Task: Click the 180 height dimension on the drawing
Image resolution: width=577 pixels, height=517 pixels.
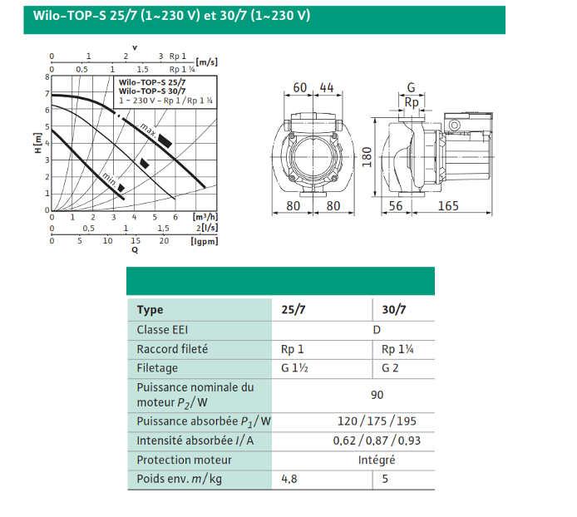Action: click(367, 157)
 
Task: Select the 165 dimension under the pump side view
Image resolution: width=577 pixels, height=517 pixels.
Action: click(448, 205)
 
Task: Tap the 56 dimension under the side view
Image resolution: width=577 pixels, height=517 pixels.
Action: click(396, 205)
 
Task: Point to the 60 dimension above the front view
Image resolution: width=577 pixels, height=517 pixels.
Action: click(299, 87)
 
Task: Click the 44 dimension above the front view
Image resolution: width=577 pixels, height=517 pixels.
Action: click(327, 87)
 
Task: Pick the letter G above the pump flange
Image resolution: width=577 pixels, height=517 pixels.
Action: click(411, 87)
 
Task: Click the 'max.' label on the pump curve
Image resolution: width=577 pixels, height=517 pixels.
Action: click(148, 130)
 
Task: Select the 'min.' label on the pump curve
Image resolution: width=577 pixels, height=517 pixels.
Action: click(109, 179)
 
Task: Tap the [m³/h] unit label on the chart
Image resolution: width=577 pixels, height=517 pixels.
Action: click(205, 217)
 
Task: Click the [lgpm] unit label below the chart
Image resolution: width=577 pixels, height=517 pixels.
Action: click(205, 241)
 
